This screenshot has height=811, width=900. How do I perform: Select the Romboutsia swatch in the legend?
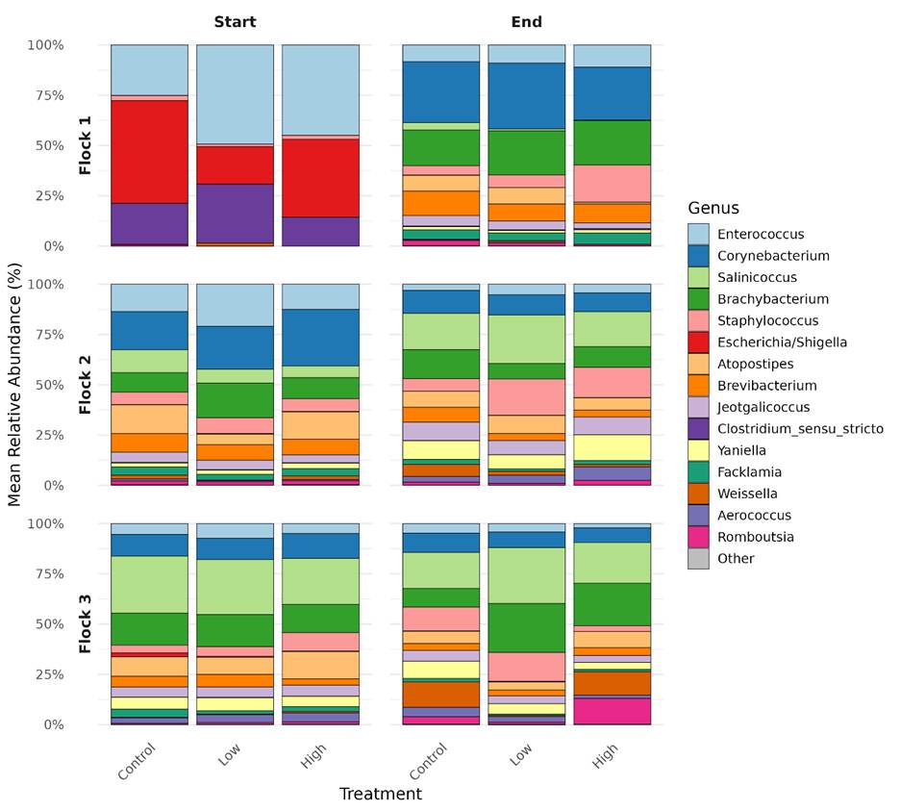pyautogui.click(x=698, y=537)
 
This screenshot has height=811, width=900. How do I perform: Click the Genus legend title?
pyautogui.click(x=713, y=208)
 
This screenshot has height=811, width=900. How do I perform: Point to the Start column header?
pyautogui.click(x=235, y=21)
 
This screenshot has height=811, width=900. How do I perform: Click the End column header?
pyautogui.click(x=526, y=21)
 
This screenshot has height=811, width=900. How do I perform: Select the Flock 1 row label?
pyautogui.click(x=85, y=145)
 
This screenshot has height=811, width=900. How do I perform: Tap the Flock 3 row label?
pyautogui.click(x=85, y=624)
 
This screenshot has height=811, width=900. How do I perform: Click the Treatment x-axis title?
pyautogui.click(x=380, y=794)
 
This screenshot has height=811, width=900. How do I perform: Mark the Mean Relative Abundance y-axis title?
pyautogui.click(x=14, y=385)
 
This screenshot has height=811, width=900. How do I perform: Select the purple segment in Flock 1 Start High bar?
pyautogui.click(x=320, y=231)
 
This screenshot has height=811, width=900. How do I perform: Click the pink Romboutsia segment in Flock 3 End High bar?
pyautogui.click(x=612, y=711)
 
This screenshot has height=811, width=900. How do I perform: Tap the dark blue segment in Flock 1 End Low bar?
pyautogui.click(x=526, y=95)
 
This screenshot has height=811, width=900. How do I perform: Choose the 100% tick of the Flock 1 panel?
pyautogui.click(x=45, y=45)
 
